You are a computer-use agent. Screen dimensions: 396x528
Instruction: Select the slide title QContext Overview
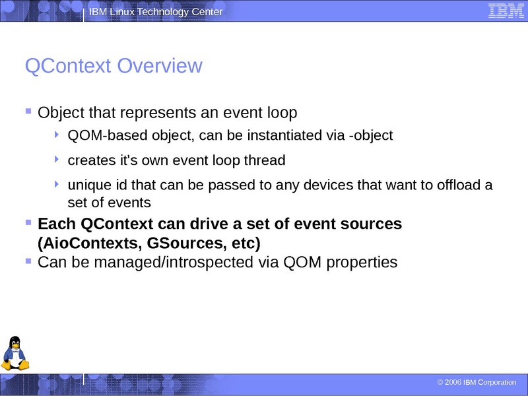point(113,66)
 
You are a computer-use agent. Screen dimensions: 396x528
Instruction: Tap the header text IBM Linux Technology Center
point(156,13)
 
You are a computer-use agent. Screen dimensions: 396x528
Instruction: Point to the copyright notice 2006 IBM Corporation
point(477,383)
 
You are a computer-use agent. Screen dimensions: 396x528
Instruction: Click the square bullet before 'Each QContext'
point(28,222)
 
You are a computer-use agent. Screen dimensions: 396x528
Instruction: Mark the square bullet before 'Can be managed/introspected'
point(28,261)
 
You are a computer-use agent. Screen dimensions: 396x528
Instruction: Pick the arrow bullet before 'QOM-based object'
point(58,135)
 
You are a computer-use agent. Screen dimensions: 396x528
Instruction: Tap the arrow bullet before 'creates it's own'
point(58,159)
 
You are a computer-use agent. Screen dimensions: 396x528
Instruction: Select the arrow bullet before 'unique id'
point(58,184)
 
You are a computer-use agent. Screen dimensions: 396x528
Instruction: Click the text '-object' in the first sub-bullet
point(371,136)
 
